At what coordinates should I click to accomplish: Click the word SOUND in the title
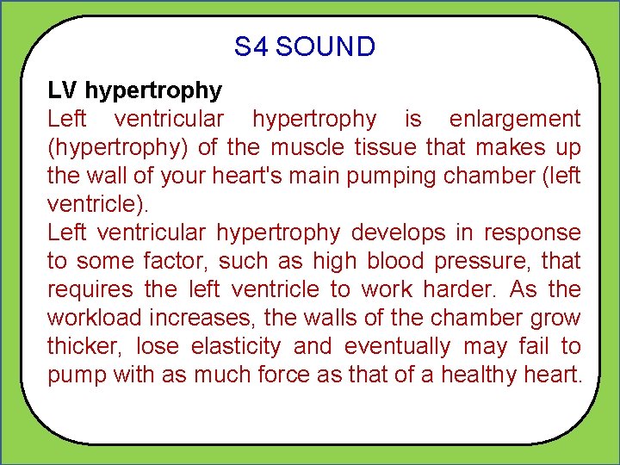tap(325, 46)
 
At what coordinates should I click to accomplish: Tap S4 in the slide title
tap(251, 46)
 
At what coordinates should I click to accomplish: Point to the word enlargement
tap(515, 119)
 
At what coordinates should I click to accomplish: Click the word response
tap(533, 232)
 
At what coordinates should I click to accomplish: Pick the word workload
tap(94, 318)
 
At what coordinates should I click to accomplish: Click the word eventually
tap(397, 346)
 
